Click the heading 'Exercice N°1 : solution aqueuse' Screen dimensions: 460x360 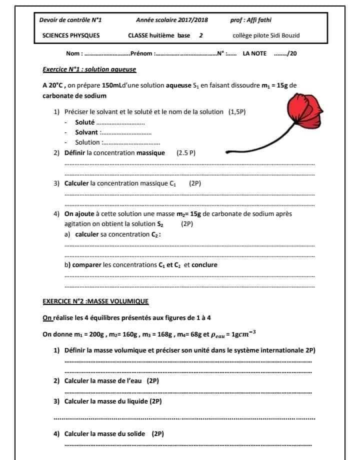pos(89,69)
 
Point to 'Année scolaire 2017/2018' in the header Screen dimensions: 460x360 pos(172,20)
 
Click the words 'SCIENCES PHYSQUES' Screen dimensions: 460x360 pos(71,35)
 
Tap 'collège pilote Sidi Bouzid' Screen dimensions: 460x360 pos(266,35)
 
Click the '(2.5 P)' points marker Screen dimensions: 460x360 pos(186,153)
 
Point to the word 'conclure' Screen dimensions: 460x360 pos(204,265)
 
